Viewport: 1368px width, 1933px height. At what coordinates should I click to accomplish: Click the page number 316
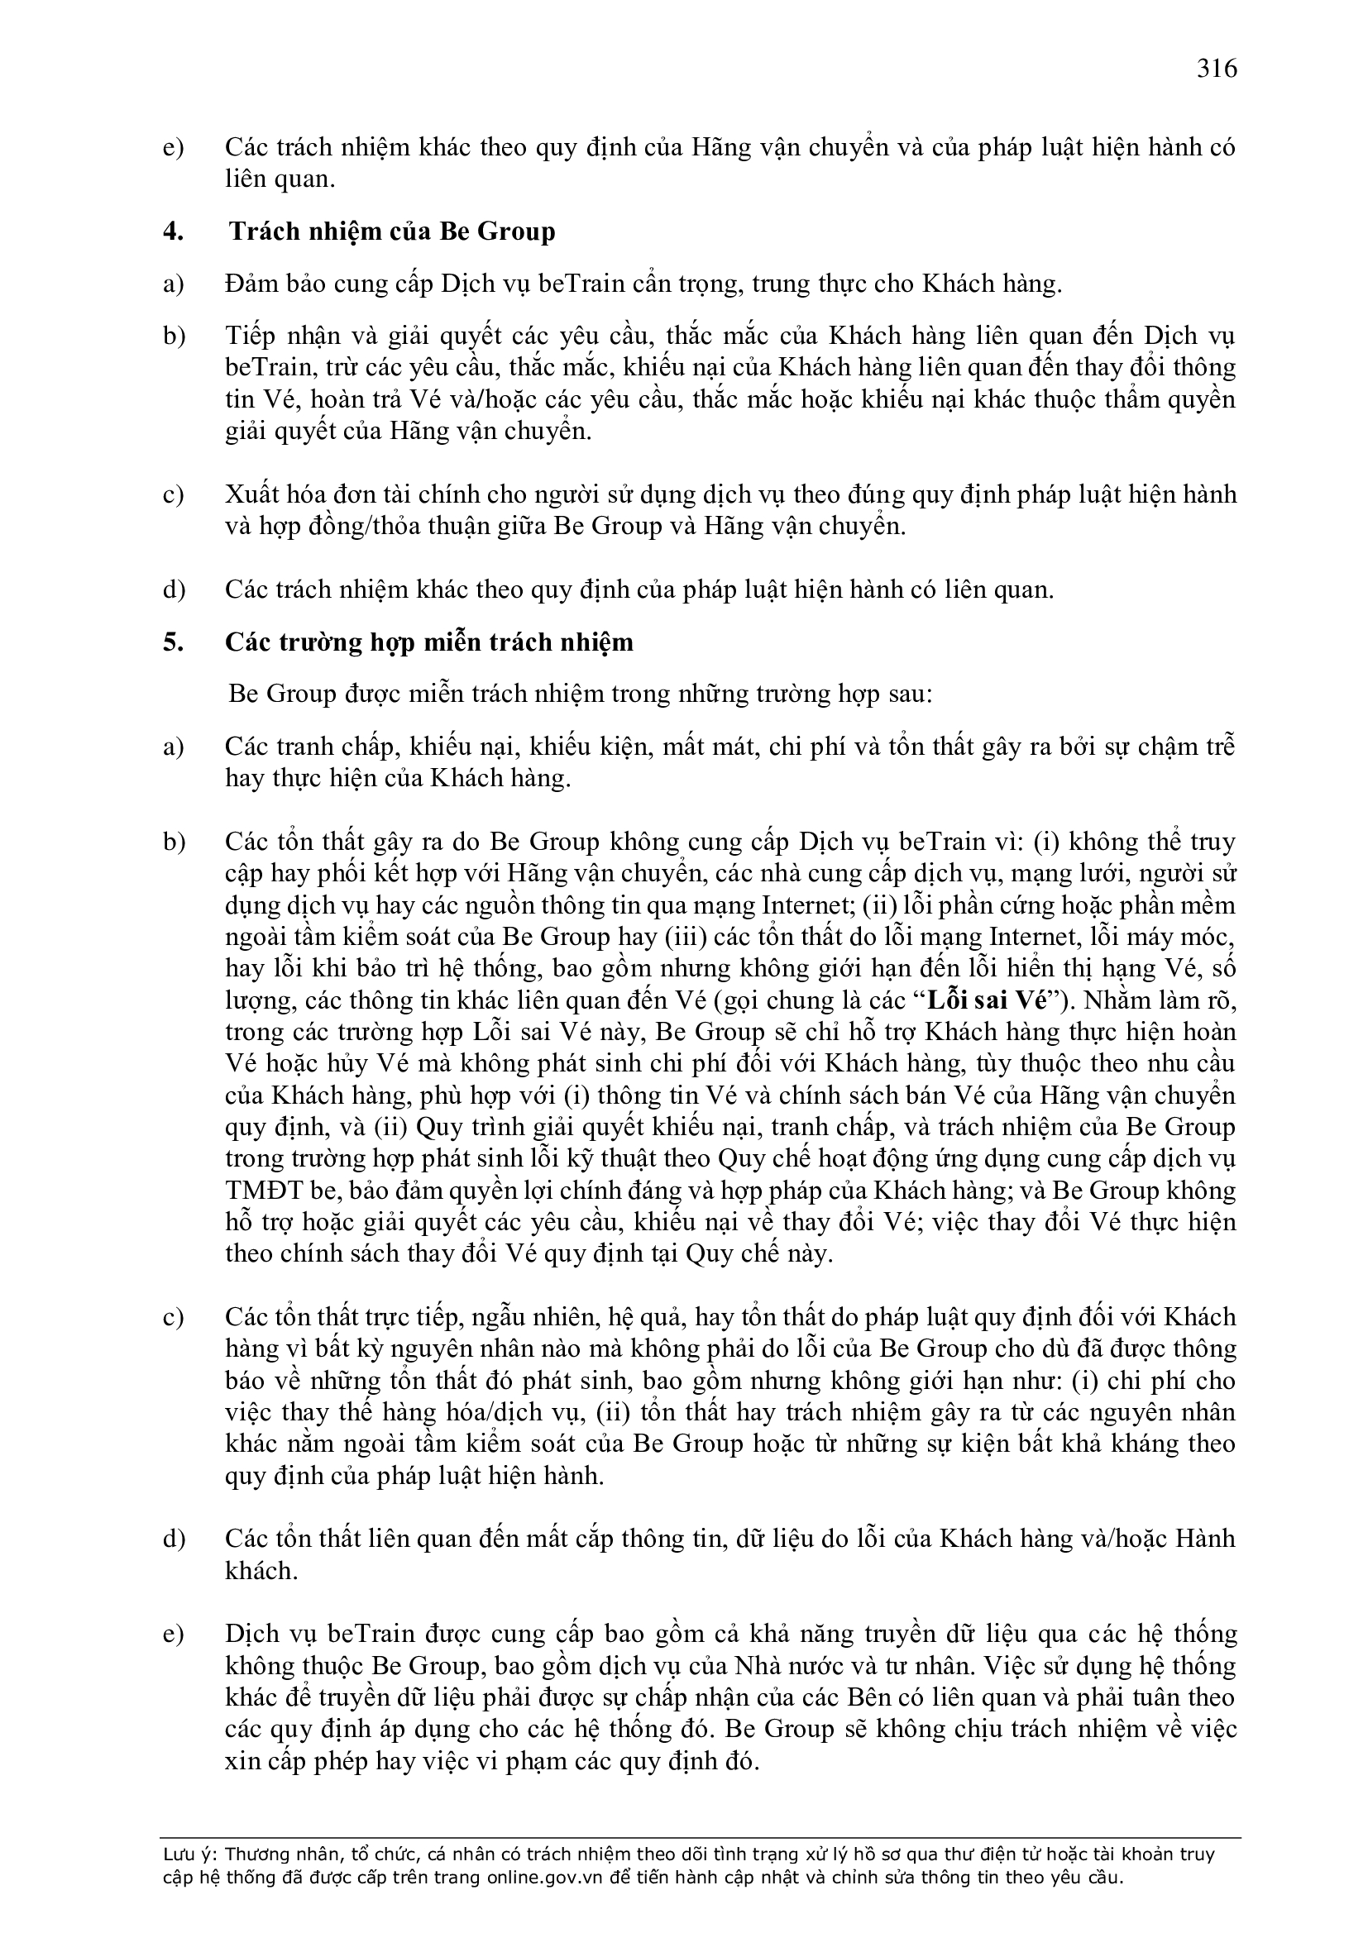point(1217,68)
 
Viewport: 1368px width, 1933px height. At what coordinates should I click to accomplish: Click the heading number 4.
point(173,231)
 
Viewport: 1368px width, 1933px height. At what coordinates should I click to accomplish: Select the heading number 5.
point(173,642)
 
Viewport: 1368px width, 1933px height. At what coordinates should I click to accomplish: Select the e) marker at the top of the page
point(173,148)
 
